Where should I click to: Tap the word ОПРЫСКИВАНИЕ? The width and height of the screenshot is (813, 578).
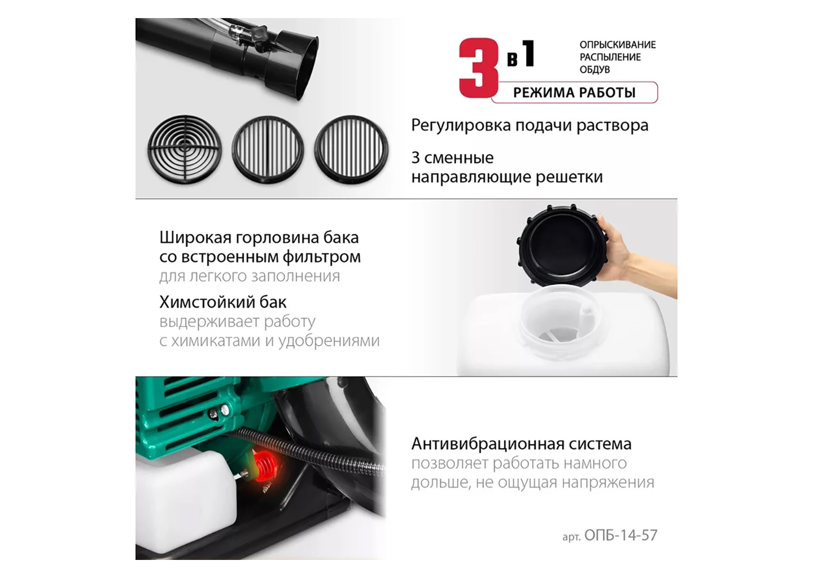click(x=617, y=45)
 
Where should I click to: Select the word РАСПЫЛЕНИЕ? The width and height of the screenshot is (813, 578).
click(x=610, y=57)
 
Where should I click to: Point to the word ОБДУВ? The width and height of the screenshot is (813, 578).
click(x=595, y=69)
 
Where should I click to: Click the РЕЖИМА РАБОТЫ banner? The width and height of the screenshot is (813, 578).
click(x=574, y=93)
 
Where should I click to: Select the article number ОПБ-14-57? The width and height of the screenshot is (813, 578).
click(x=620, y=535)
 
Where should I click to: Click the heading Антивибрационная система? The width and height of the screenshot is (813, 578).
click(x=521, y=444)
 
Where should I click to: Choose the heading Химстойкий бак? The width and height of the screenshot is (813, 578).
click(x=223, y=302)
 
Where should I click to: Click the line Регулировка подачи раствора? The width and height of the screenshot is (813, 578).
click(x=530, y=125)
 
